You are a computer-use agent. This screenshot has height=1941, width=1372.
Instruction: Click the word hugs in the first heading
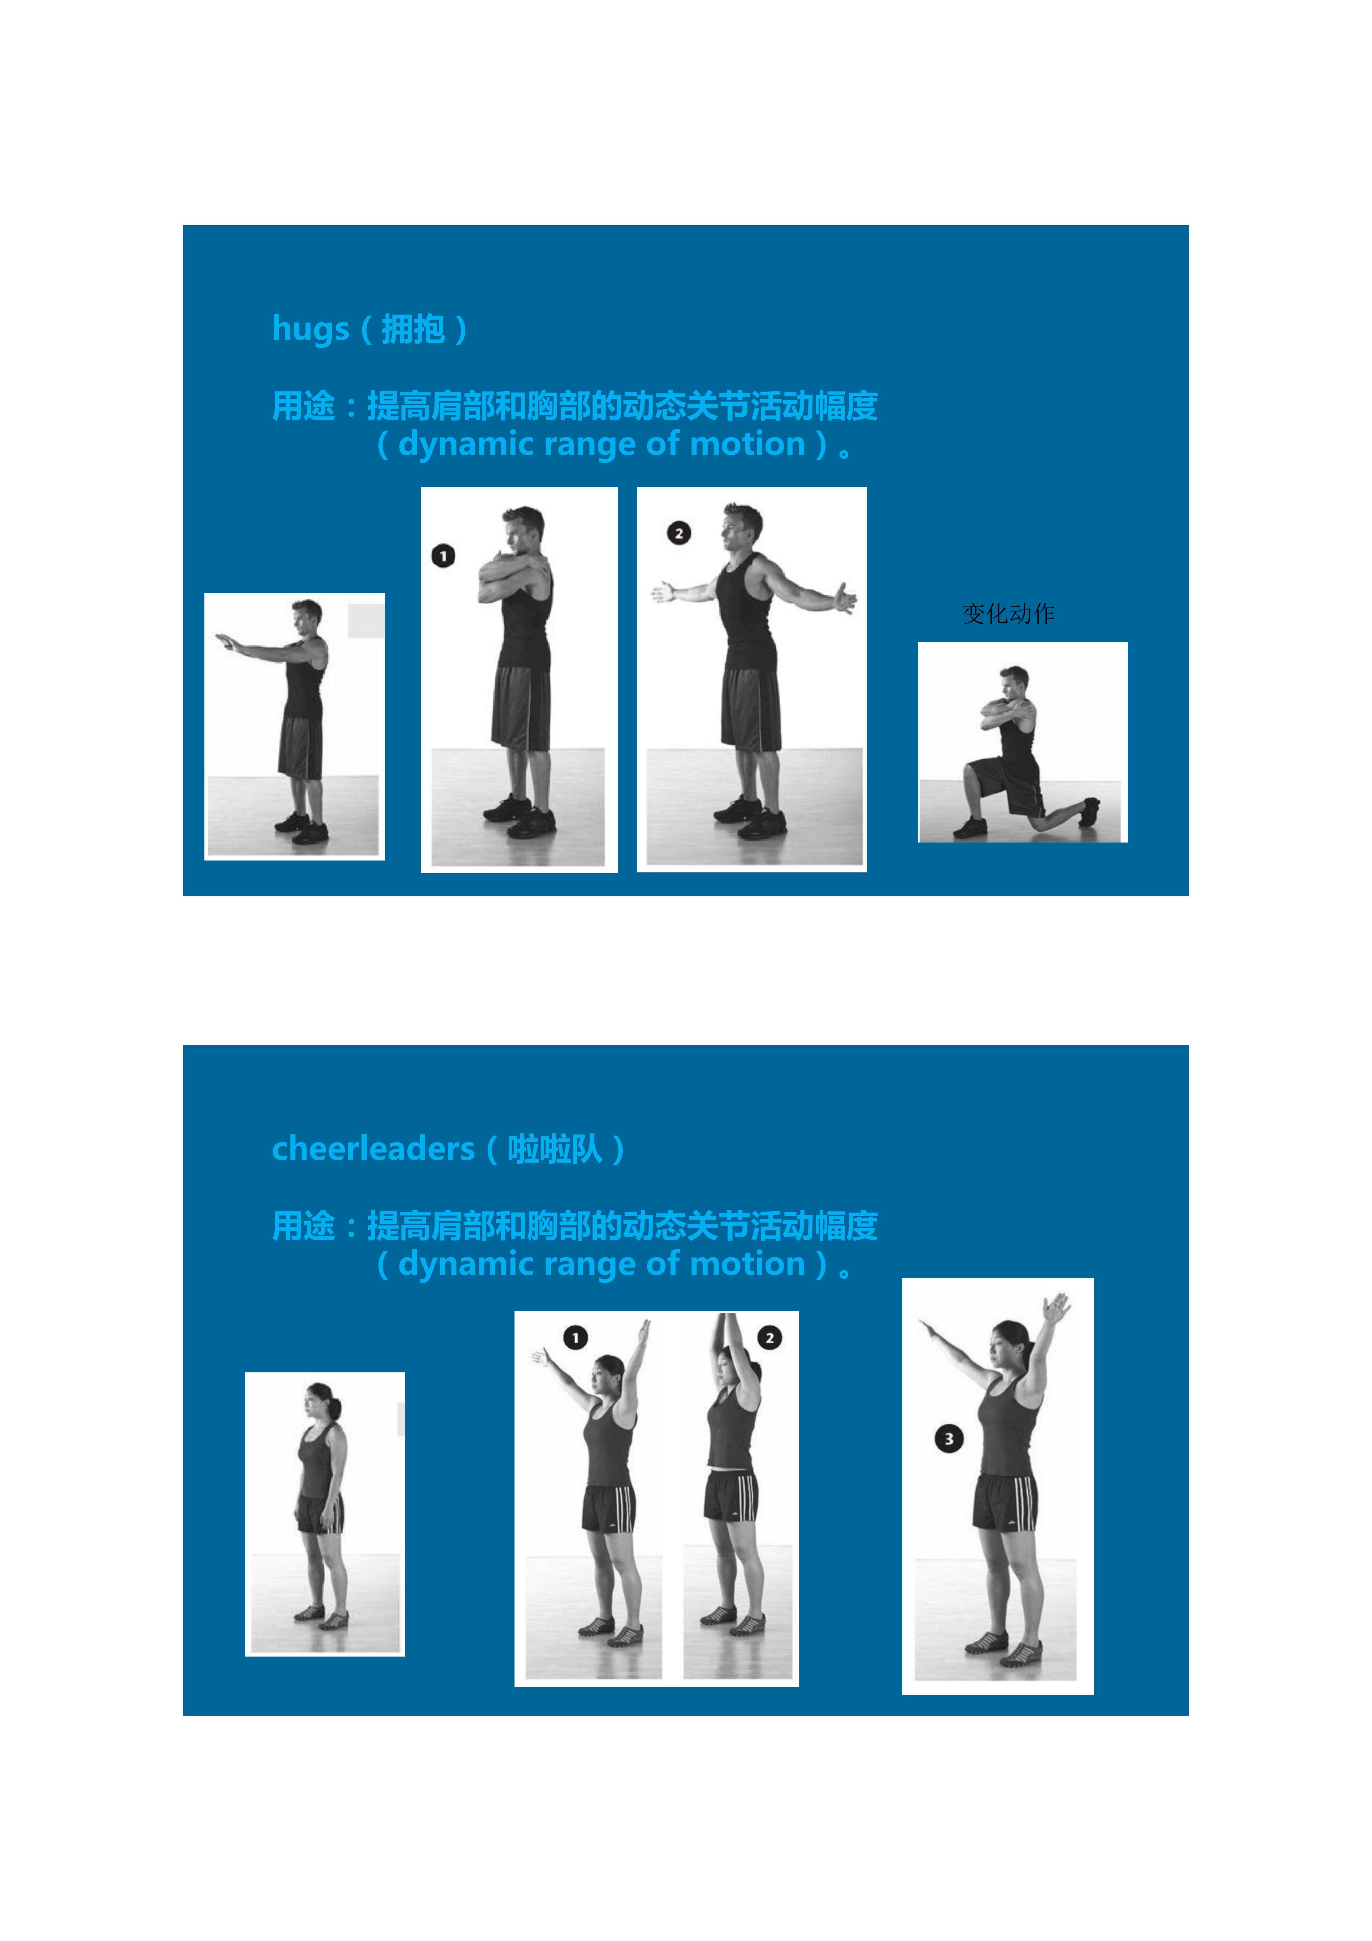pyautogui.click(x=310, y=329)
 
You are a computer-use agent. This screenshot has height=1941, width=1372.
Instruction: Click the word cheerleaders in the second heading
pyautogui.click(x=373, y=1149)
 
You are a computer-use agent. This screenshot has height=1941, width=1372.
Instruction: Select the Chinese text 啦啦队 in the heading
pyautogui.click(x=555, y=1149)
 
